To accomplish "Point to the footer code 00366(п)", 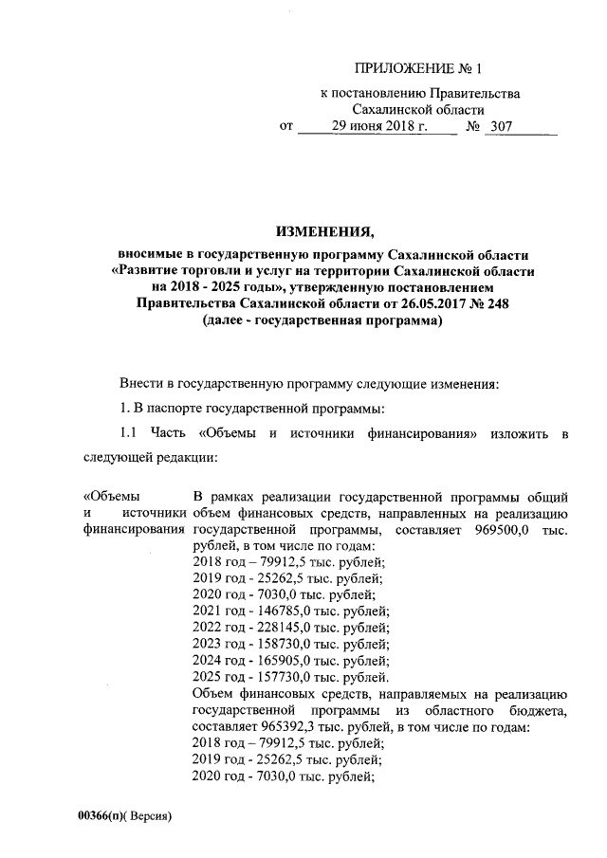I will coord(105,815).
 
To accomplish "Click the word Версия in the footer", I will coord(155,815).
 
